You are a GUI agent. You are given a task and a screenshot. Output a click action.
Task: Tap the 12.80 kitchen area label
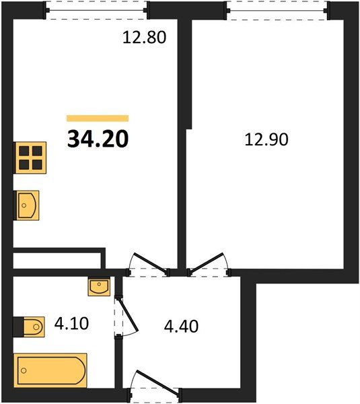(x=143, y=38)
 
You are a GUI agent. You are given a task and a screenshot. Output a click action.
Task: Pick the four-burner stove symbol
(x=30, y=159)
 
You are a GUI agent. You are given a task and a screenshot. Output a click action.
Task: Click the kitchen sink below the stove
(x=27, y=205)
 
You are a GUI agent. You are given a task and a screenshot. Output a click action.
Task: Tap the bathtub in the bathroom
(x=52, y=370)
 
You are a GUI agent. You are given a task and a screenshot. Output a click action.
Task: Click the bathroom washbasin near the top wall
(x=98, y=288)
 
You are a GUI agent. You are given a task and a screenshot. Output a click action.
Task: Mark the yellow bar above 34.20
(x=98, y=118)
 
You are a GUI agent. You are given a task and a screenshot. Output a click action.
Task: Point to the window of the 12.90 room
(x=277, y=9)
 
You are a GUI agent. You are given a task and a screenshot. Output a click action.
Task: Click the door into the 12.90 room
(x=209, y=265)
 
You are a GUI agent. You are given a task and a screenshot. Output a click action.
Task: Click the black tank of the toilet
(x=18, y=327)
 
